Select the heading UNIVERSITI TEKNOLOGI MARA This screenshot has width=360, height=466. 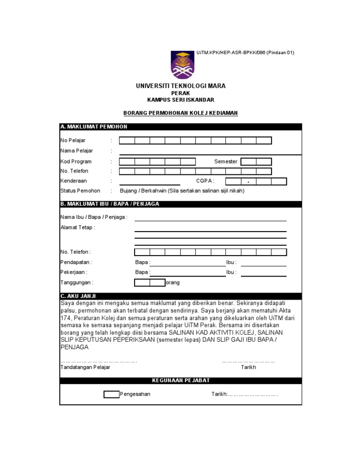click(180, 86)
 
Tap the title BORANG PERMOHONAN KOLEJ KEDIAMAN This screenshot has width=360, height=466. click(180, 113)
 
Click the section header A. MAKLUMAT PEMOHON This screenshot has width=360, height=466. click(94, 127)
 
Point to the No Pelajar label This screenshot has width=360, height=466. click(73, 140)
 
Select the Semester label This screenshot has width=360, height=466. click(225, 161)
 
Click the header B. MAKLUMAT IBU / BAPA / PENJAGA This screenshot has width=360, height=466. click(110, 204)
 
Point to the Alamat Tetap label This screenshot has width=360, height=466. click(77, 227)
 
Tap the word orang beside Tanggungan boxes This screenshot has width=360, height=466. click(172, 283)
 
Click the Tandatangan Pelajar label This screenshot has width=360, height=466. click(85, 367)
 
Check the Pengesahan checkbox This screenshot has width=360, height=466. click(111, 394)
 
